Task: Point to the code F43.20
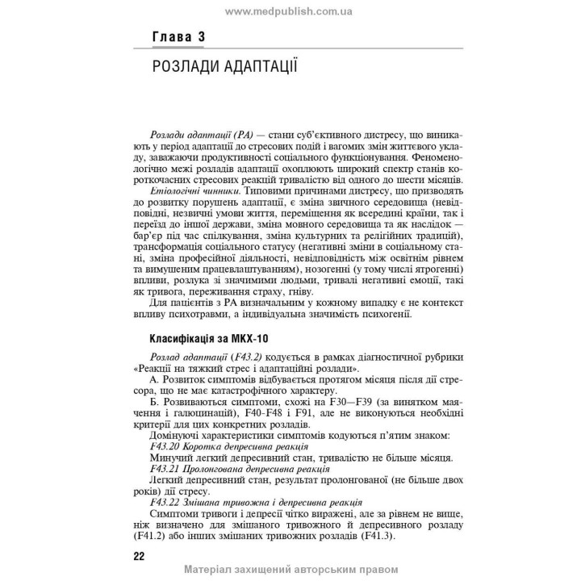tap(166, 446)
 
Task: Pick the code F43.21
tap(166, 470)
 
